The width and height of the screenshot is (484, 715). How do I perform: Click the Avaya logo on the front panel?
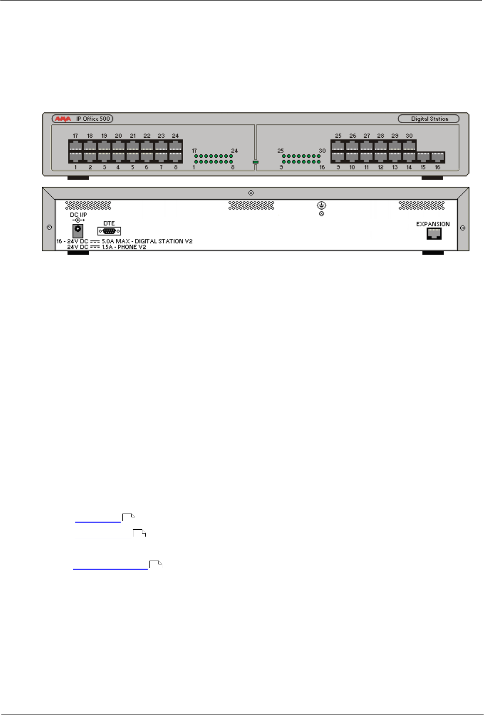tap(63, 119)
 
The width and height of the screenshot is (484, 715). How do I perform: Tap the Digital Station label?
tap(429, 119)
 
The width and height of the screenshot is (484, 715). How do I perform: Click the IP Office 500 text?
tap(93, 119)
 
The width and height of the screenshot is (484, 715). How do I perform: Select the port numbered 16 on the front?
tap(437, 157)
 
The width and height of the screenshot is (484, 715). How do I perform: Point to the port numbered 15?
tap(423, 157)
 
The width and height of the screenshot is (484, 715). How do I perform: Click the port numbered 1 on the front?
tap(75, 157)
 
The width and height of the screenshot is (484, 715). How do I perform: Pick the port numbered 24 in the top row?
tap(176, 145)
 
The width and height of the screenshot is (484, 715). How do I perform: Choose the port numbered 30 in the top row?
tap(409, 145)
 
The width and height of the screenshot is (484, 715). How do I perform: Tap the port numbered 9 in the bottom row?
tap(338, 157)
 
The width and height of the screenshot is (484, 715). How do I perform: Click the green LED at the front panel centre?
tap(255, 162)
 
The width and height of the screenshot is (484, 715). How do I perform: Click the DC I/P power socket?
tap(77, 231)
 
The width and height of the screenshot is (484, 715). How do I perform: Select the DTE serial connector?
tap(109, 231)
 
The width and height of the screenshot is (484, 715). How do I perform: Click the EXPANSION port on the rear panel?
tap(434, 233)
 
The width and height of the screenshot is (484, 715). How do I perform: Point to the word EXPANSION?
tap(433, 224)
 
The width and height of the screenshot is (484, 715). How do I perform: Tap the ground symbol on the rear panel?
tap(321, 205)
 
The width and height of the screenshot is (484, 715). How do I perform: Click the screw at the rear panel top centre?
tap(251, 193)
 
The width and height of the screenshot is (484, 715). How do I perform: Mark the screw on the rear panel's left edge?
tap(49, 228)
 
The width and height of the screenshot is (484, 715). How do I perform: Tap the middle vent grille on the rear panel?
tap(251, 205)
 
